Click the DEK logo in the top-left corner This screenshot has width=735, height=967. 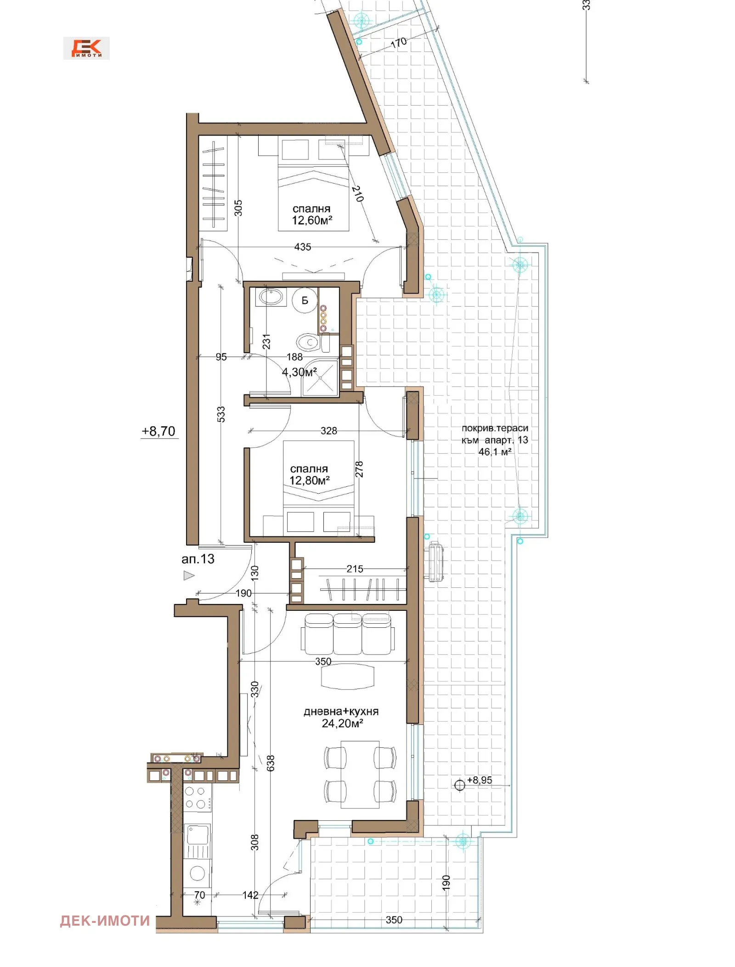pos(86,48)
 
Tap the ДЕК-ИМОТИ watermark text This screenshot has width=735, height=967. pos(105,921)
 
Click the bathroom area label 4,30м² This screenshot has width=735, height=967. pos(300,372)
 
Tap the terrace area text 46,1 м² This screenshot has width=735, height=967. pos(495,452)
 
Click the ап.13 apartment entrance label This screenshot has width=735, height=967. pos(198,559)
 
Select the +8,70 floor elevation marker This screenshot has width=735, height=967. pos(158,431)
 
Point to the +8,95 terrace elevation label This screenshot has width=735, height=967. pos(480,780)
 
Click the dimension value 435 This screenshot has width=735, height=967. pos(303,247)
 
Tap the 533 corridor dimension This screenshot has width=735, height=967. pos(221,414)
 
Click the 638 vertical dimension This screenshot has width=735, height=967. pos(271,763)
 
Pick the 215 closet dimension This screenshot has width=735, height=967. pos(355,569)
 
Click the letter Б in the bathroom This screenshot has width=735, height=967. pos(305,301)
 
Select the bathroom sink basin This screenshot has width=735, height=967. pos(271,297)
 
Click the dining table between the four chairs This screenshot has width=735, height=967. pos(360,774)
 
